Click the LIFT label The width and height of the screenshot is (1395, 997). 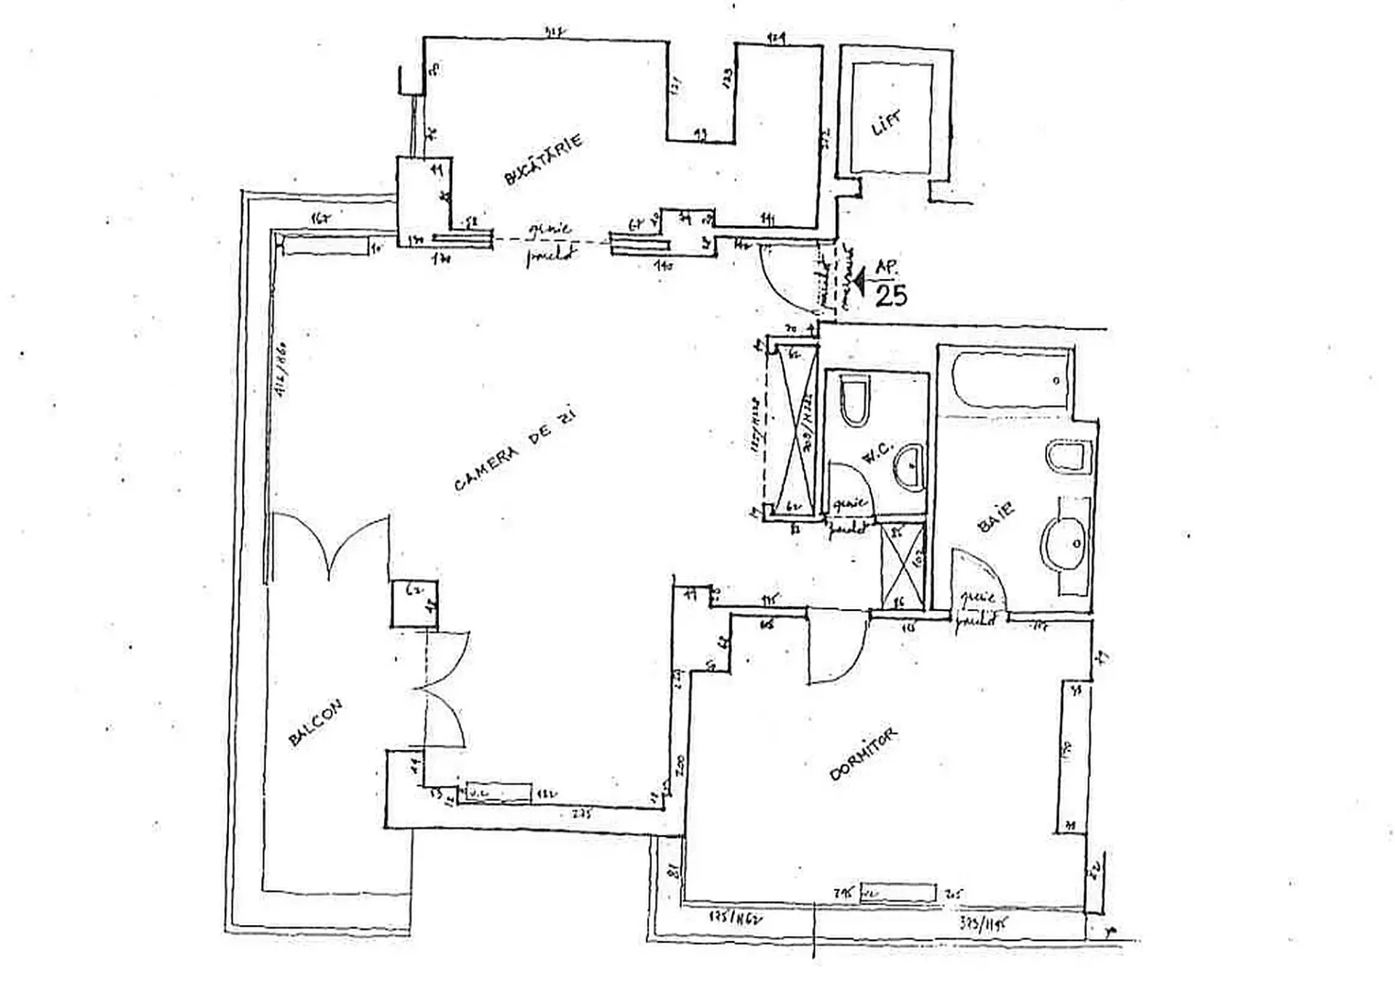pos(886,123)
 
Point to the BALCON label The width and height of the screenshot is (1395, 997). pos(315,723)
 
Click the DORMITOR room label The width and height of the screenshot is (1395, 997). pos(863,754)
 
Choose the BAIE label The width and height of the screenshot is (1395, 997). pos(997,516)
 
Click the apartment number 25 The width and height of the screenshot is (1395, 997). pos(891,296)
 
